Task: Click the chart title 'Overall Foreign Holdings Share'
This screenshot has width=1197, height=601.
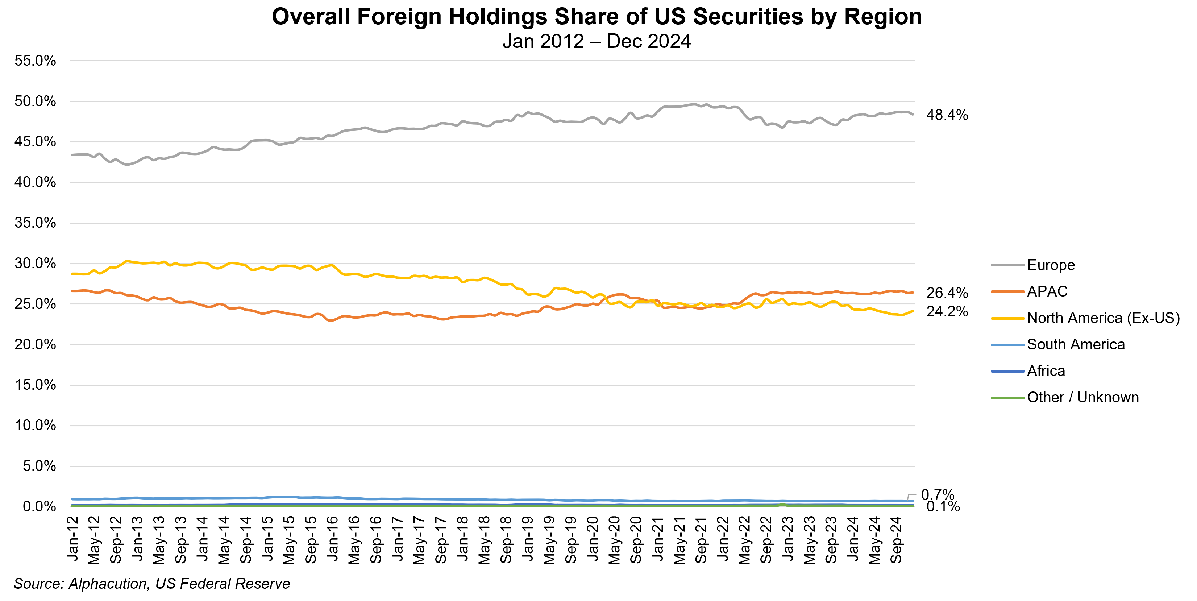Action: click(597, 17)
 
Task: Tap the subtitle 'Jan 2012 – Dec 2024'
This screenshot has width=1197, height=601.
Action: click(597, 41)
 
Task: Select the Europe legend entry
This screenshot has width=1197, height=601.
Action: click(1051, 265)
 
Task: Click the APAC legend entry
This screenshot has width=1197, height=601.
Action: click(1047, 291)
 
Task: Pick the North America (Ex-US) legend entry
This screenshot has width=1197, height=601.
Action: click(1103, 318)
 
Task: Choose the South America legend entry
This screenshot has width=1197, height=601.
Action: click(1076, 344)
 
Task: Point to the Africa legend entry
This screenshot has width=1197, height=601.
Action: click(1046, 371)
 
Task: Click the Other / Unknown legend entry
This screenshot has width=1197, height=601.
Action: click(1083, 397)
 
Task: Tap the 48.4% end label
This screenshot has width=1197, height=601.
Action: click(947, 115)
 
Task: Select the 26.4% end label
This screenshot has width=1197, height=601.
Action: click(947, 293)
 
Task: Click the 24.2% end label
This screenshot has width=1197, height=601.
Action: click(947, 311)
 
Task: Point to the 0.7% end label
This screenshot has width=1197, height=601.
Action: click(937, 494)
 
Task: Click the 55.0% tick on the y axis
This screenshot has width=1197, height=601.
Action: click(35, 61)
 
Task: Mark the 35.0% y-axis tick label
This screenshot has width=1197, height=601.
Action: click(35, 223)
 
